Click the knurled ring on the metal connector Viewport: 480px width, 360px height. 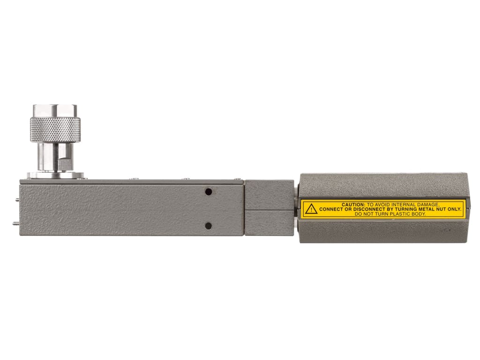coord(55,129)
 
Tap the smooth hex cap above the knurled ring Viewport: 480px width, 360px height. coord(55,111)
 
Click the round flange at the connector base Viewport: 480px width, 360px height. coord(55,176)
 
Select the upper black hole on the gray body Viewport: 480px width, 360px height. coord(209,192)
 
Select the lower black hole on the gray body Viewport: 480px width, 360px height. coord(209,226)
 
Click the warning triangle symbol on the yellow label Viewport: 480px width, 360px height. coord(311,209)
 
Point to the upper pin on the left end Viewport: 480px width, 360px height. coord(17,199)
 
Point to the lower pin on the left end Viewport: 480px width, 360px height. coord(17,224)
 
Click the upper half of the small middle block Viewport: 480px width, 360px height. coord(269,194)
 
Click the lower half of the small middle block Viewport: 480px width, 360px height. coord(269,222)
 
